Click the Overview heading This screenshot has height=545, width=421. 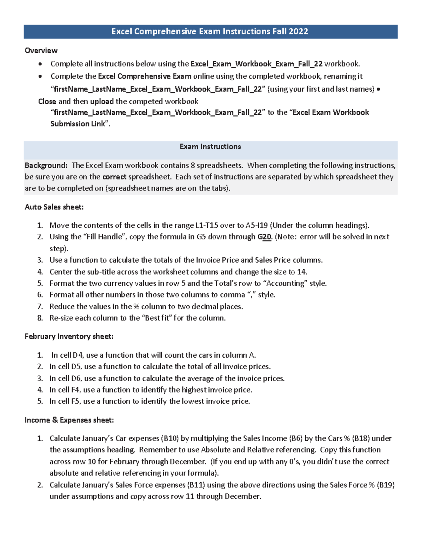coord(41,51)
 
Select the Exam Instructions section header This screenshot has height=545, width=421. coord(210,147)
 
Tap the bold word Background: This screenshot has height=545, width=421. coord(46,165)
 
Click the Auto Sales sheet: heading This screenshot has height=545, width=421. coord(54,207)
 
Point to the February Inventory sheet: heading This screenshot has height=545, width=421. coord(69,337)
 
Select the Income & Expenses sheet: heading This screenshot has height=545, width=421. coord(69,420)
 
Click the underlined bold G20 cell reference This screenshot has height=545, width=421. coord(265,237)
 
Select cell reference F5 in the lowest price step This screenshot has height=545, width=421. coord(75,401)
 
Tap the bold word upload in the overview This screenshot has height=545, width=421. coord(102,101)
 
